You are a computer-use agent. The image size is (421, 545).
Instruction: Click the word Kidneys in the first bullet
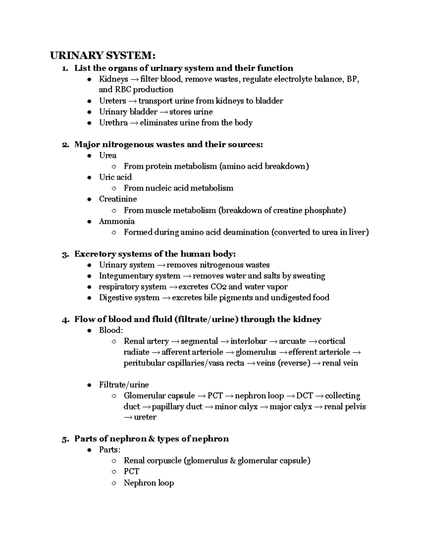[113, 79]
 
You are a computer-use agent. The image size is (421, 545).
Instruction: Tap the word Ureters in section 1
[112, 101]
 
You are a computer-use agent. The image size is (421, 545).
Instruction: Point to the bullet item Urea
[108, 155]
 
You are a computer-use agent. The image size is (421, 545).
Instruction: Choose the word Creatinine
[118, 199]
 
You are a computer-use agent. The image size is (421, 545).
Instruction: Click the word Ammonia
[116, 221]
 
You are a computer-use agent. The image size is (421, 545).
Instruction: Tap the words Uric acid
[115, 177]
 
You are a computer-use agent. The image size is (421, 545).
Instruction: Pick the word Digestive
[114, 298]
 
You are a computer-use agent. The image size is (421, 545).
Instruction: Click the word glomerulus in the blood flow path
[256, 352]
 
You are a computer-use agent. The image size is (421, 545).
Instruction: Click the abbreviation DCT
[304, 396]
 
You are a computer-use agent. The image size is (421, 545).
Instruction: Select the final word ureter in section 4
[145, 417]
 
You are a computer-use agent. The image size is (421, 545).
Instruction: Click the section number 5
[64, 439]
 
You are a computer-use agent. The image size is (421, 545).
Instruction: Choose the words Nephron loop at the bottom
[149, 483]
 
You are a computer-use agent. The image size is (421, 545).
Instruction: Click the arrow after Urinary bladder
[163, 112]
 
